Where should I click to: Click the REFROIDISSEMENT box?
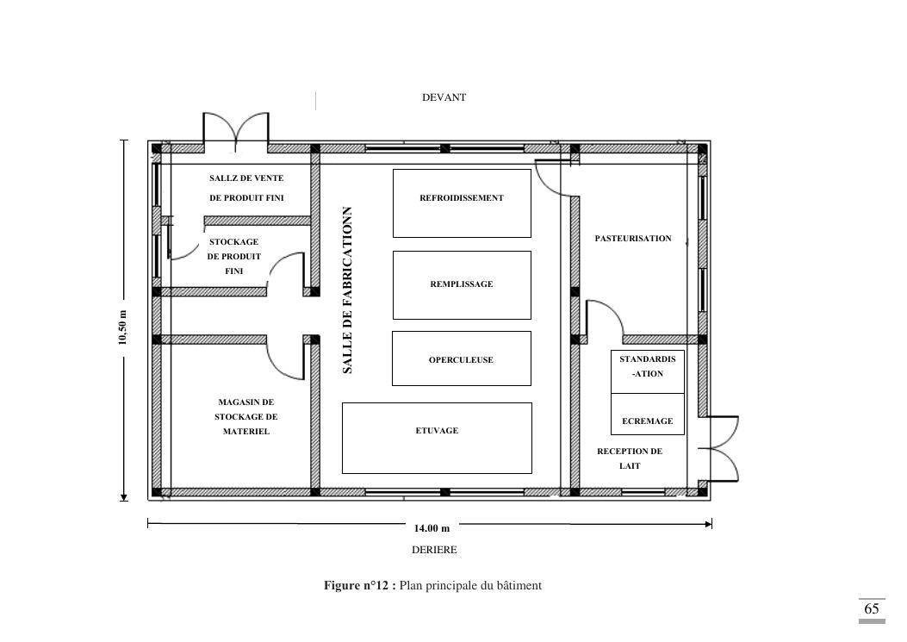click(462, 203)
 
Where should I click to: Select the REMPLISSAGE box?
click(462, 285)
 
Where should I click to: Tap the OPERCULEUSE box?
click(462, 358)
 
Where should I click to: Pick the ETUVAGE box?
click(437, 439)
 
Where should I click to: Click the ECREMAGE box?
click(647, 414)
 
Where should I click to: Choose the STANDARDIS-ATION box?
click(647, 371)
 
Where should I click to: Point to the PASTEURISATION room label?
click(633, 239)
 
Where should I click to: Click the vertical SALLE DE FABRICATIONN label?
click(347, 290)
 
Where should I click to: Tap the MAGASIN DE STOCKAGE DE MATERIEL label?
click(245, 417)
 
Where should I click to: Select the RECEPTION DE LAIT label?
click(630, 458)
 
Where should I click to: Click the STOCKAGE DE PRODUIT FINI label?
click(233, 257)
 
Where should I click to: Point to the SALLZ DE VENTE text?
click(246, 178)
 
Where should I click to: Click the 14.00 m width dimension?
click(432, 528)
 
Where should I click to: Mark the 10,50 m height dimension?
click(122, 327)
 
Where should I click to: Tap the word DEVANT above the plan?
click(444, 97)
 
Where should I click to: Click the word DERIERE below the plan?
click(434, 550)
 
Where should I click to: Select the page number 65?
click(871, 608)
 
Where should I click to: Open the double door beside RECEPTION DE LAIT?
click(720, 449)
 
